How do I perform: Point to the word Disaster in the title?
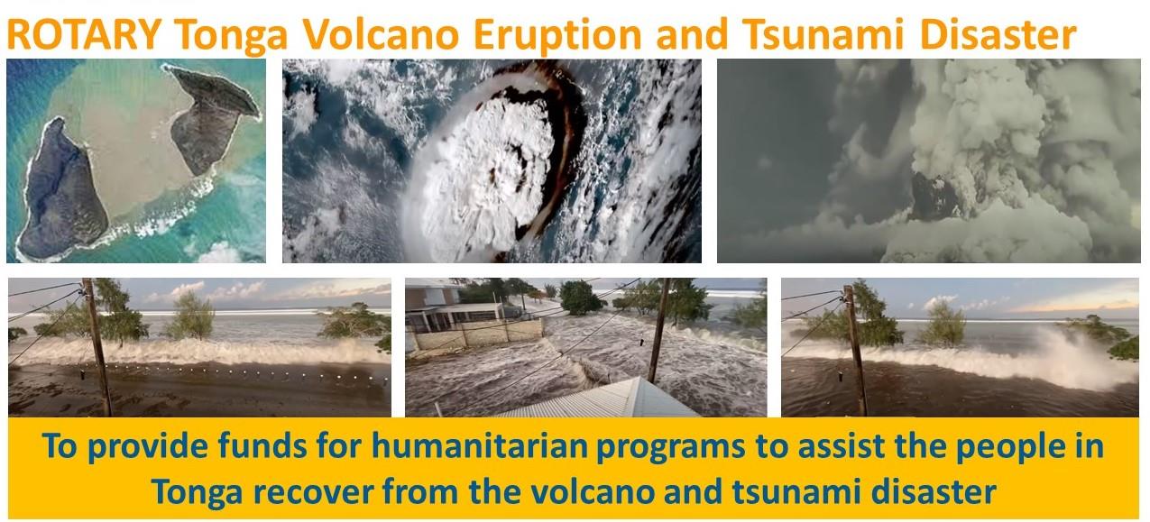click(998, 35)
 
